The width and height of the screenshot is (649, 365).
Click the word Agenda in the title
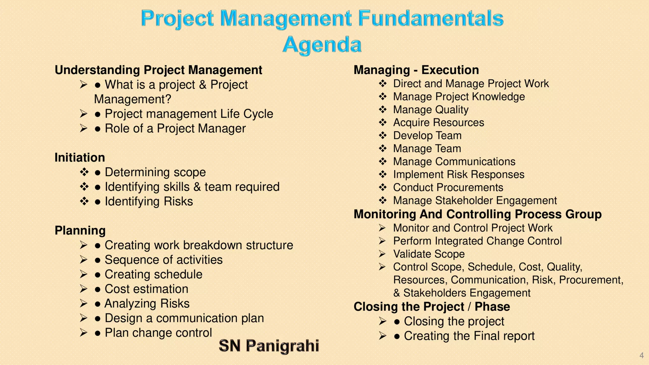(x=322, y=44)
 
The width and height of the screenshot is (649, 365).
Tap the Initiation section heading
(x=80, y=157)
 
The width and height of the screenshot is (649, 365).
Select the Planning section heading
(x=80, y=230)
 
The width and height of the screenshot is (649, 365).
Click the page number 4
(x=641, y=355)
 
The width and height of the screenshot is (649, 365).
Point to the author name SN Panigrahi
(x=269, y=346)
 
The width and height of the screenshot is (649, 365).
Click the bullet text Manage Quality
(x=430, y=110)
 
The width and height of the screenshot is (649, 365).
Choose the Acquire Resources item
(x=438, y=123)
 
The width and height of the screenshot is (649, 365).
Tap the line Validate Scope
(x=428, y=254)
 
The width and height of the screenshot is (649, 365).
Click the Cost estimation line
(x=146, y=289)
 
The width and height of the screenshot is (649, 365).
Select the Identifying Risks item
(x=149, y=202)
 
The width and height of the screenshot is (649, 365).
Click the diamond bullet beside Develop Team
(x=383, y=136)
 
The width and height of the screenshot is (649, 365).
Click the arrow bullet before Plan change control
(x=83, y=333)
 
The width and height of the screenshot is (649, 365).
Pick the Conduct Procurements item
(x=448, y=188)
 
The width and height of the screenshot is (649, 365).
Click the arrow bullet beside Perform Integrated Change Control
(x=382, y=241)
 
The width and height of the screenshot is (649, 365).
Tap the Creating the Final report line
(x=469, y=336)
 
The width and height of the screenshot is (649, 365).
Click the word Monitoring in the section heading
(x=385, y=215)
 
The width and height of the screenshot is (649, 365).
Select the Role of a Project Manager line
(x=175, y=129)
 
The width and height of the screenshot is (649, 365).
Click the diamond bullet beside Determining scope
(x=84, y=172)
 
